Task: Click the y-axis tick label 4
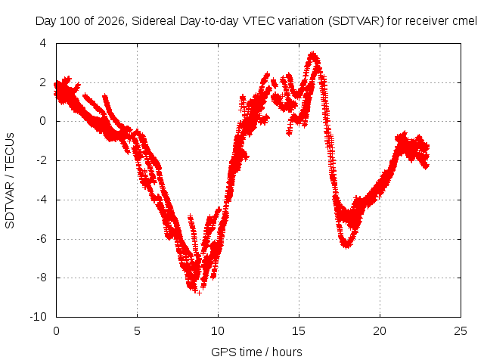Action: [43, 43]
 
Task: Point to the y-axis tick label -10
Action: [39, 317]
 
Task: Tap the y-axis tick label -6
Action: [42, 239]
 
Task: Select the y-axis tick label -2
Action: [42, 160]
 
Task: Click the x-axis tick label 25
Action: [461, 331]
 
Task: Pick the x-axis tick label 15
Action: [299, 331]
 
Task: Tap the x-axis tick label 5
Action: [137, 331]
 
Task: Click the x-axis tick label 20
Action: [380, 331]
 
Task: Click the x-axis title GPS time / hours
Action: [256, 352]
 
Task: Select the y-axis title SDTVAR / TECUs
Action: [10, 181]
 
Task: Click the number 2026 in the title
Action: [111, 21]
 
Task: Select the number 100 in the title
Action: [69, 21]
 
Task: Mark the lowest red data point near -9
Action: [199, 293]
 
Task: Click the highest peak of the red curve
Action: [313, 54]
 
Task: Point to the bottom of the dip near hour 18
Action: [346, 246]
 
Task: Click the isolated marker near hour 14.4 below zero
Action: [289, 133]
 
